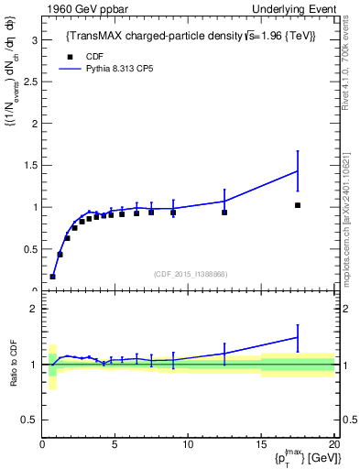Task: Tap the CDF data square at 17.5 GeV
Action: click(298, 205)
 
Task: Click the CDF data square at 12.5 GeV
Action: click(224, 213)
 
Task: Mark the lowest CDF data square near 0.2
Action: click(53, 276)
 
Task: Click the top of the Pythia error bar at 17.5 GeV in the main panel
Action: click(298, 151)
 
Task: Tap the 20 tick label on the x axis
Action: click(333, 444)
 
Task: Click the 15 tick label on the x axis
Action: click(260, 444)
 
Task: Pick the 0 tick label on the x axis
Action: click(43, 444)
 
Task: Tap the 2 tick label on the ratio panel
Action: click(34, 310)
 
